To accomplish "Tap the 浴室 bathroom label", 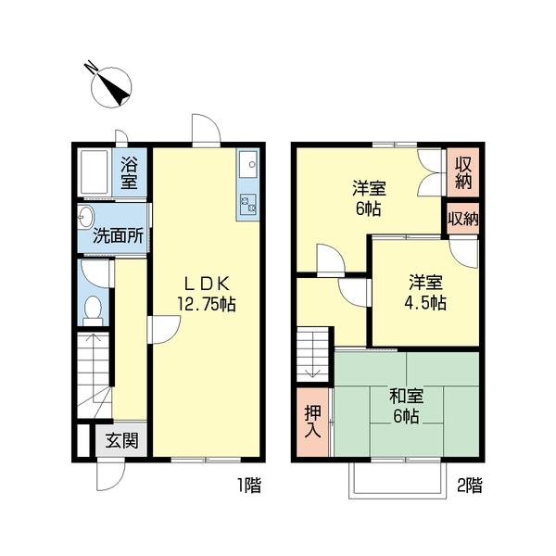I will click(x=131, y=173).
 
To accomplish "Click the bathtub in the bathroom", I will click(x=95, y=172).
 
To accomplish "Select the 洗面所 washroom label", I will click(x=118, y=235).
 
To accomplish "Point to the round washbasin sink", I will click(x=85, y=219).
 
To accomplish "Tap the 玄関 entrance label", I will click(x=121, y=441).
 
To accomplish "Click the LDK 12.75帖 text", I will click(x=205, y=294).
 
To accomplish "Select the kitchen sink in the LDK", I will click(x=248, y=166).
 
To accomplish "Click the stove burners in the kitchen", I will click(x=247, y=205).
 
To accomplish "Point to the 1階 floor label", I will click(x=247, y=484).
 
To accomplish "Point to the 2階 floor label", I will click(x=468, y=484).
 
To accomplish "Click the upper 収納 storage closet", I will click(x=462, y=172).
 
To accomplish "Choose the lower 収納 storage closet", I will click(x=462, y=220).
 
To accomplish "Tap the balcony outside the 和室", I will click(x=395, y=477).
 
